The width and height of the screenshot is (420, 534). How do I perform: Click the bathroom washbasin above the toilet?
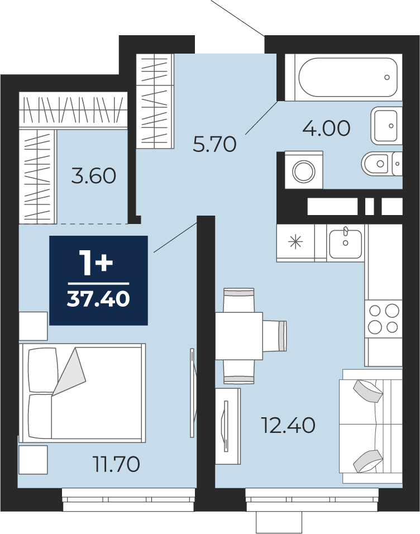tap(385, 125)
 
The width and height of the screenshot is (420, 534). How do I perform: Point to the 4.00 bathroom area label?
tap(326, 128)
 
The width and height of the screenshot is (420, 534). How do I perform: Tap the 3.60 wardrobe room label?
tap(94, 176)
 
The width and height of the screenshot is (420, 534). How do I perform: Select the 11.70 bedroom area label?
tap(117, 464)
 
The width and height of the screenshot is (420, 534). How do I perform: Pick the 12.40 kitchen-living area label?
tap(288, 426)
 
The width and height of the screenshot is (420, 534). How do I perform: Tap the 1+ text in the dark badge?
tap(96, 262)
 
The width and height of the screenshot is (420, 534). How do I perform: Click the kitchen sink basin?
tap(345, 244)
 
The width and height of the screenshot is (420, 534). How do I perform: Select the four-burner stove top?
tap(384, 319)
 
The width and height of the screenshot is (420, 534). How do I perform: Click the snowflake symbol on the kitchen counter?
tap(295, 242)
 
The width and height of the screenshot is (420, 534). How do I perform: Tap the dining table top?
tap(239, 336)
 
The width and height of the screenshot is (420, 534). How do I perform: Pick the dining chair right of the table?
tap(275, 336)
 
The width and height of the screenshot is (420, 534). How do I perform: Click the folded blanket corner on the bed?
tap(69, 371)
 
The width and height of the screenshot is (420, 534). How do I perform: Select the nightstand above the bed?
tap(33, 326)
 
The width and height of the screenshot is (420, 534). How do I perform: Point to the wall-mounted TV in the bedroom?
tap(193, 393)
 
